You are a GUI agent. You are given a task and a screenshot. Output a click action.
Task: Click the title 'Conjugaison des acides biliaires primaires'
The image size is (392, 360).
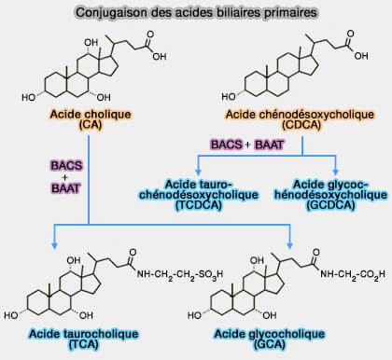pyautogui.click(x=196, y=11)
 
